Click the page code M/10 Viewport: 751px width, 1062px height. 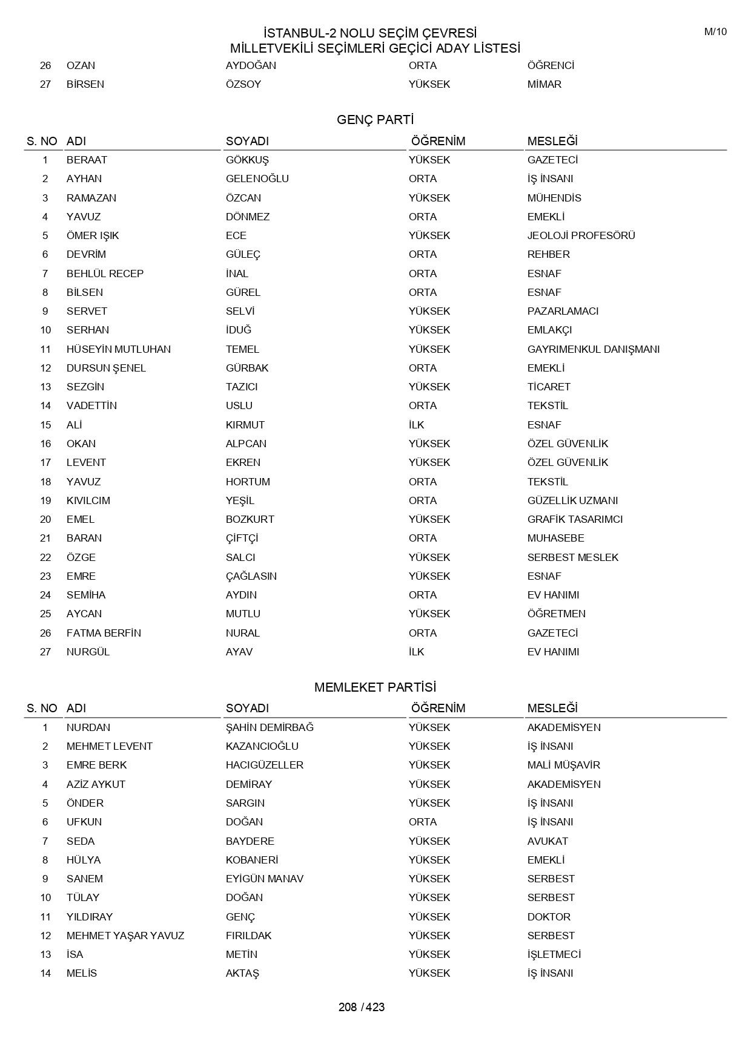(715, 32)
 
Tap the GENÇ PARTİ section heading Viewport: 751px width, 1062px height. (375, 120)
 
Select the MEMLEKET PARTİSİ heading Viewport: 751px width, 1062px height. (375, 687)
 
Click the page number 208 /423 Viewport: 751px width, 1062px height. (362, 1007)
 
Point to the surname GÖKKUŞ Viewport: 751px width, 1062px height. (247, 160)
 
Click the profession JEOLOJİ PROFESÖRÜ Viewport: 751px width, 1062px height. (581, 235)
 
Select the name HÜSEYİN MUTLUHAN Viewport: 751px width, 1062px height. (119, 349)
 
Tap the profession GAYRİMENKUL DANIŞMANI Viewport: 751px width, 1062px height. (593, 349)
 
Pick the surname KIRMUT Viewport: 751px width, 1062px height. (245, 425)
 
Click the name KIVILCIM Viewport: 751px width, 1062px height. (88, 500)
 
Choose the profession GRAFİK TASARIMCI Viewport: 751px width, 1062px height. (575, 519)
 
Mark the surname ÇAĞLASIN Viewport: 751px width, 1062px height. (251, 576)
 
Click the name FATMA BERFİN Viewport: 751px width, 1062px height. (104, 633)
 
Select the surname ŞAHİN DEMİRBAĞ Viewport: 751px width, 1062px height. (270, 727)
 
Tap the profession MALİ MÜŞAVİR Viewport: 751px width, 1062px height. (563, 765)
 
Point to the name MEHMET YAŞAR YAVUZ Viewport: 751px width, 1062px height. (125, 936)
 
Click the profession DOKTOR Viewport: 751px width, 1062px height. (549, 917)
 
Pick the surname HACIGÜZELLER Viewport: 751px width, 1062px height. (265, 765)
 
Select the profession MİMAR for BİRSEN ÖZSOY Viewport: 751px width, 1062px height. (544, 84)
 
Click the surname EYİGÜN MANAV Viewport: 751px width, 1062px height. (265, 879)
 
